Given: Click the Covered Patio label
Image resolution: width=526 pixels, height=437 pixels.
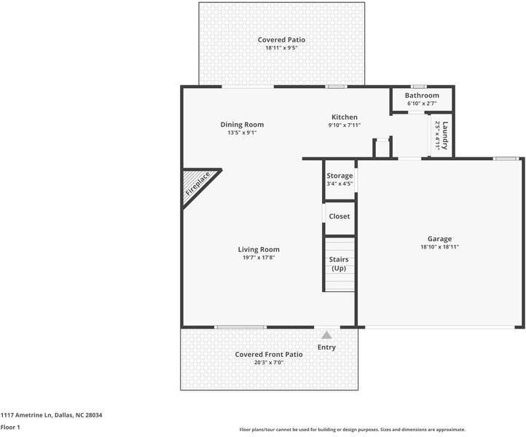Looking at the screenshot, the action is coord(281,39).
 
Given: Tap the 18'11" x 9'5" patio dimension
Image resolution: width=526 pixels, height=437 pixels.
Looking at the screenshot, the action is coord(281,48).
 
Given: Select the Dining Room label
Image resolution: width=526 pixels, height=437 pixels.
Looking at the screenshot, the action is coord(242,125).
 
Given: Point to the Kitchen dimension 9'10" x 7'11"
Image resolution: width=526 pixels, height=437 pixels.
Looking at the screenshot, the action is coord(345,125).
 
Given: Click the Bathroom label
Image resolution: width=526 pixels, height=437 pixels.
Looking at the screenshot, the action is coord(422,95).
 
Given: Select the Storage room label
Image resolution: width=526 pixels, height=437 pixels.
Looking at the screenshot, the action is coord(339,176).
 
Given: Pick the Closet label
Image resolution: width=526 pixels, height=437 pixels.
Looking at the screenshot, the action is coord(339,216).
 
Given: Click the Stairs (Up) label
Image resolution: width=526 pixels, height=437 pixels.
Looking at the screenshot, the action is coord(339,264).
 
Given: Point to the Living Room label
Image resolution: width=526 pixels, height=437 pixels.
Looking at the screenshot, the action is coord(259,250).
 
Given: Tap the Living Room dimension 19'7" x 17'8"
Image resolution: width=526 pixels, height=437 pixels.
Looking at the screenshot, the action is coord(259,258).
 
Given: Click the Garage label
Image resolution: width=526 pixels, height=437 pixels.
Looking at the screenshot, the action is coord(439,239).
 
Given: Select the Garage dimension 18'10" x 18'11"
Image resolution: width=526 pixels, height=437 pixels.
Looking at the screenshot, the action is coord(439,247).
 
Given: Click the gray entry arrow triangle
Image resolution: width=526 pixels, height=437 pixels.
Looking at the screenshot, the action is coord(326,335).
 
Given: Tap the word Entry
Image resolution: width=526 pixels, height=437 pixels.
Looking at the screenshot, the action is coord(326,347).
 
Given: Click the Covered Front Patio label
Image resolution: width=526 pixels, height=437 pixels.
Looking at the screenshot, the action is coord(269,355).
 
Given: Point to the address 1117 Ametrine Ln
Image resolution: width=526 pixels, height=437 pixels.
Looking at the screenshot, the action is coord(26,415).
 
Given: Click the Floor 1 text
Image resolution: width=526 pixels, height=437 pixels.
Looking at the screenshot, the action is coord(10,428).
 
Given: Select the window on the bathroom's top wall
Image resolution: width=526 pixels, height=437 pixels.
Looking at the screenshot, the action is coord(420,87).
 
